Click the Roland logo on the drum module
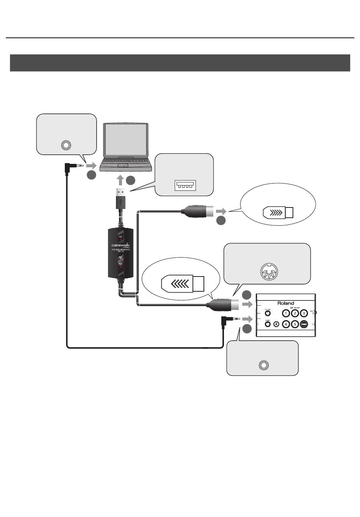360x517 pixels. click(x=285, y=303)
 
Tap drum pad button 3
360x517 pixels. click(x=304, y=313)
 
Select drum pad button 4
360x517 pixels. click(x=286, y=324)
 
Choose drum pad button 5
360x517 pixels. click(x=295, y=324)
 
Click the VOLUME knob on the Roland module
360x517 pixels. click(x=268, y=313)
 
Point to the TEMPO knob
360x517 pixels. click(x=268, y=324)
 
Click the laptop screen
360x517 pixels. click(x=126, y=140)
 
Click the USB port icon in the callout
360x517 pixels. click(x=185, y=185)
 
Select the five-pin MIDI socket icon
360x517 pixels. click(x=268, y=272)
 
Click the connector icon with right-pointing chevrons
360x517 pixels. click(x=278, y=213)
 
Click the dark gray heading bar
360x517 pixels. click(x=180, y=63)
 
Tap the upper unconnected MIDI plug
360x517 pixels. click(x=197, y=211)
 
